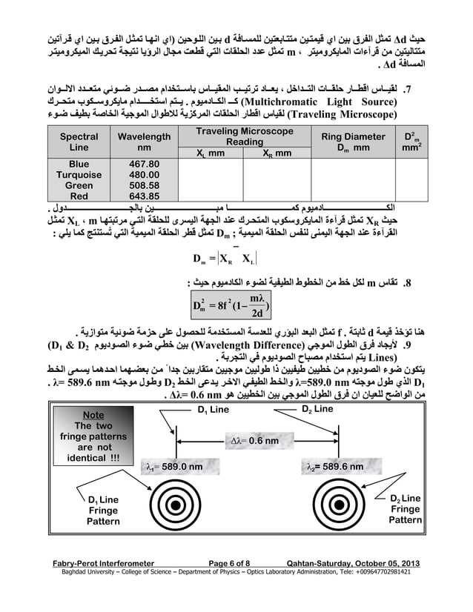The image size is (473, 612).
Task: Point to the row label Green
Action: click(79, 185)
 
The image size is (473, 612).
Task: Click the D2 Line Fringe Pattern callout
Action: click(405, 509)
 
